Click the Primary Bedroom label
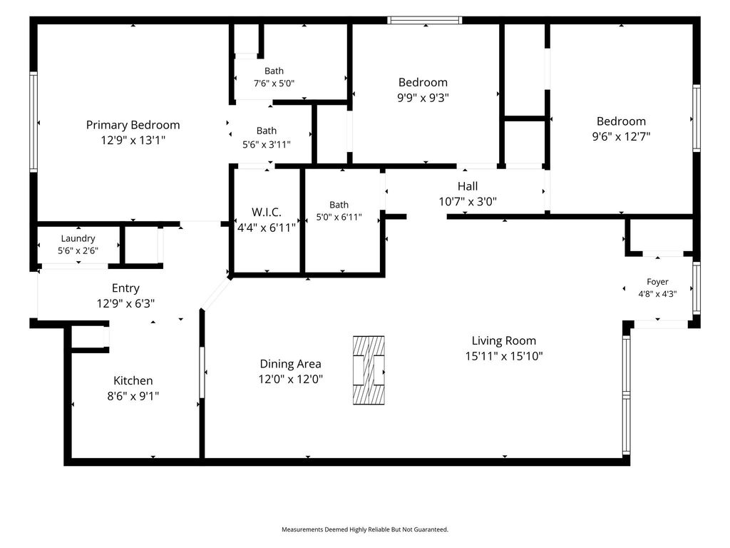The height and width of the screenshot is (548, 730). pyautogui.click(x=133, y=125)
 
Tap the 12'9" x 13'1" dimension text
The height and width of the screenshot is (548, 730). pyautogui.click(x=133, y=140)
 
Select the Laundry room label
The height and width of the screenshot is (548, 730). pyautogui.click(x=78, y=238)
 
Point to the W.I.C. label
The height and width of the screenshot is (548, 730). pyautogui.click(x=267, y=213)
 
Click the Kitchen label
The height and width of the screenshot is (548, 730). pyautogui.click(x=133, y=381)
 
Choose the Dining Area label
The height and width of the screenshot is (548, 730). pyautogui.click(x=291, y=364)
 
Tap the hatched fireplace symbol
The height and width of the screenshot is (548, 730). pyautogui.click(x=369, y=370)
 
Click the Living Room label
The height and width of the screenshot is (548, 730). pyautogui.click(x=504, y=341)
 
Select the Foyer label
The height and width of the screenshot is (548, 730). pyautogui.click(x=657, y=282)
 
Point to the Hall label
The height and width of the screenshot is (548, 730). pyautogui.click(x=468, y=186)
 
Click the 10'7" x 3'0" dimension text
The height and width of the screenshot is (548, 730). pyautogui.click(x=468, y=201)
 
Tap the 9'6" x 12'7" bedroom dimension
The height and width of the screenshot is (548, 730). pyautogui.click(x=621, y=136)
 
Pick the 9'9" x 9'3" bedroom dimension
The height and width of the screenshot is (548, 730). pyautogui.click(x=423, y=98)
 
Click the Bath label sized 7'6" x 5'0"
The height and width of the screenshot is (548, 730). pyautogui.click(x=274, y=71)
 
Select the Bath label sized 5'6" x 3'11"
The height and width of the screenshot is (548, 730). pyautogui.click(x=267, y=131)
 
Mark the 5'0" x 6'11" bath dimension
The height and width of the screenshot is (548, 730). pyautogui.click(x=339, y=217)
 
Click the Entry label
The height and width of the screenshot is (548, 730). pyautogui.click(x=125, y=288)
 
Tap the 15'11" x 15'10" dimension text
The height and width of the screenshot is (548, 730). pyautogui.click(x=504, y=356)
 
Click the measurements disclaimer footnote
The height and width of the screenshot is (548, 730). pyautogui.click(x=365, y=529)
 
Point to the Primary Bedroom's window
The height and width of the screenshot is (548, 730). pyautogui.click(x=34, y=122)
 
